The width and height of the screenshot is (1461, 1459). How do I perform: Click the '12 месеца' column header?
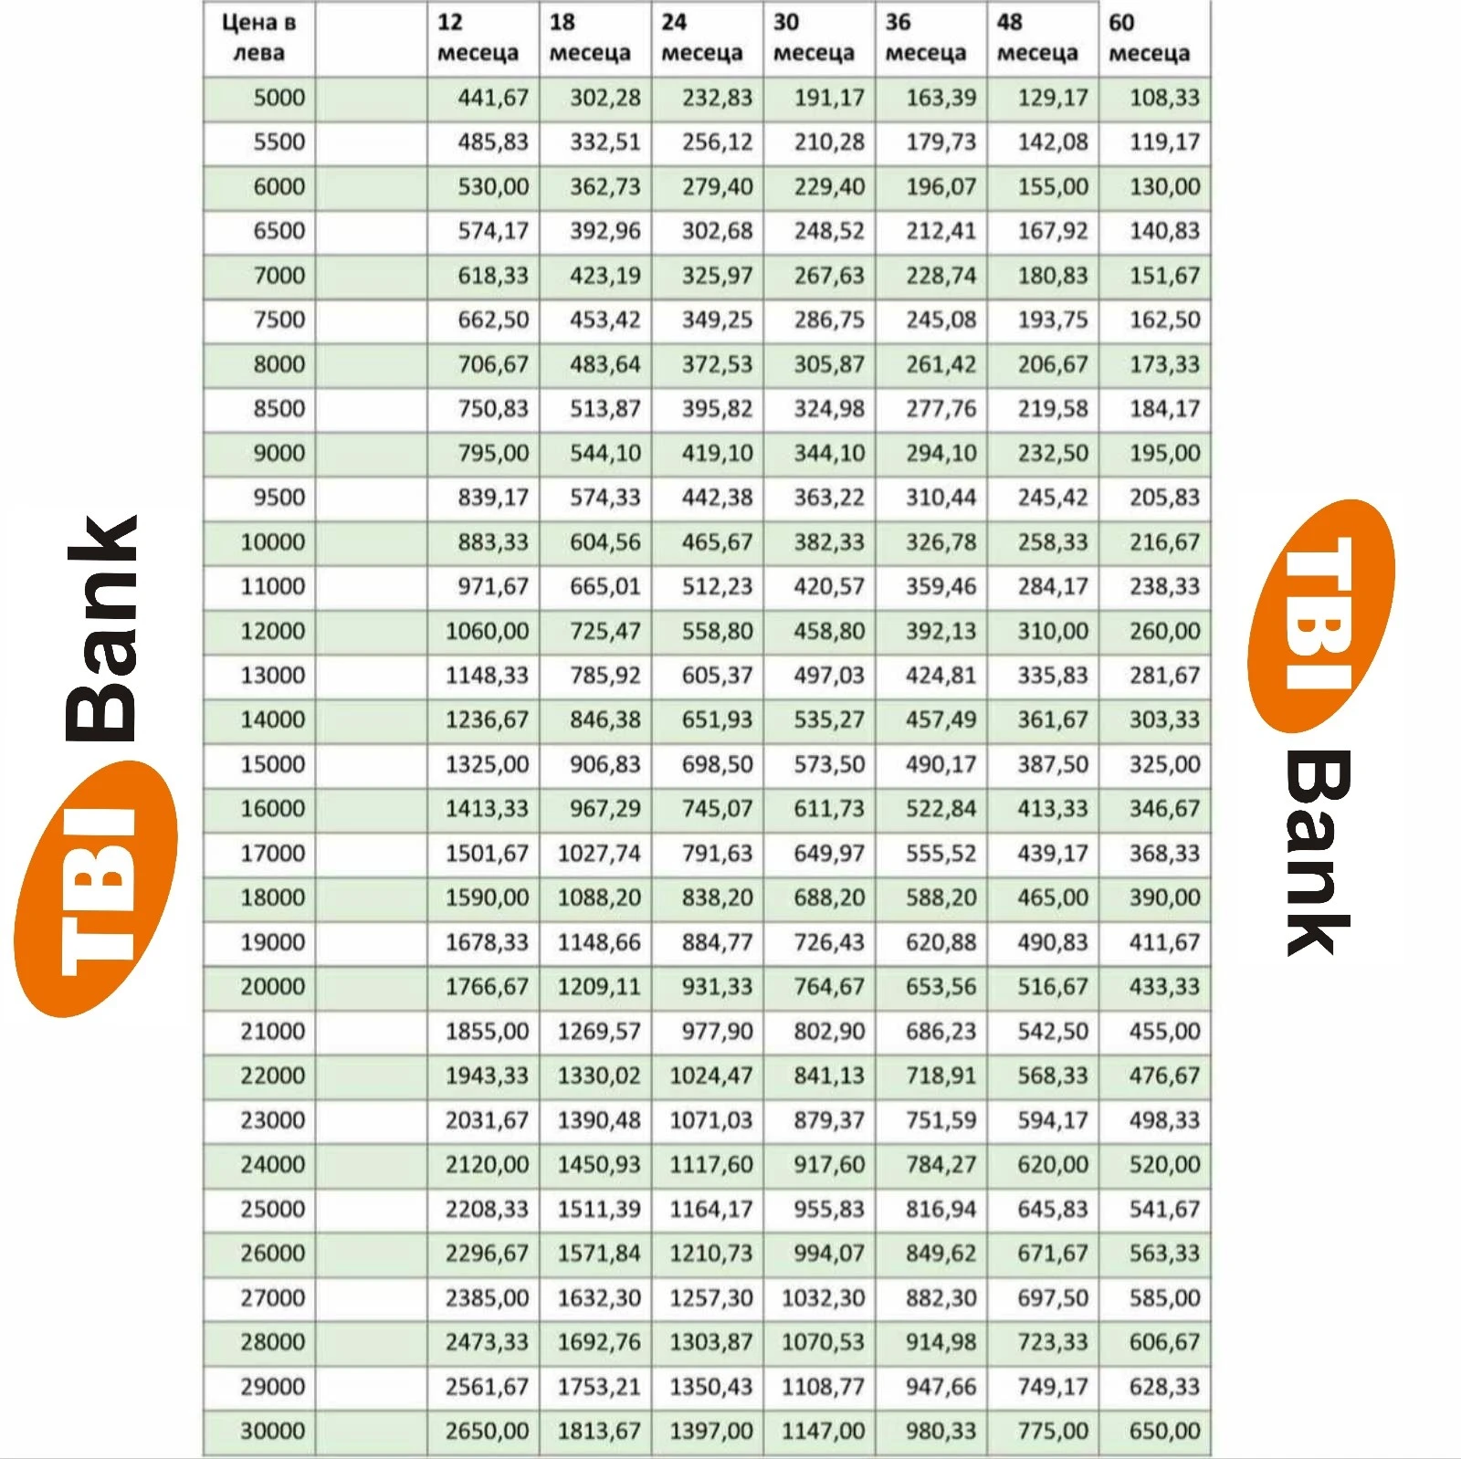(x=478, y=37)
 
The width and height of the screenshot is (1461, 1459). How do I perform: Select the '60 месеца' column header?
(x=1149, y=37)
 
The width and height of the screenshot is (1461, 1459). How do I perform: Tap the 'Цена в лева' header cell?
(x=258, y=37)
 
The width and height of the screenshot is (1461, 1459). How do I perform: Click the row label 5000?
(x=279, y=98)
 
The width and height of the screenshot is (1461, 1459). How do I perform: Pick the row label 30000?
(x=272, y=1431)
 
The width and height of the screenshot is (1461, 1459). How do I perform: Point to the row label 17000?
(x=272, y=853)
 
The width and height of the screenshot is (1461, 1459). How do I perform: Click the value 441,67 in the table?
(x=493, y=98)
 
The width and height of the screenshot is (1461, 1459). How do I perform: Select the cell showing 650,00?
(x=1164, y=1431)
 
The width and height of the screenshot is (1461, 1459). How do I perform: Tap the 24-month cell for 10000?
(x=717, y=542)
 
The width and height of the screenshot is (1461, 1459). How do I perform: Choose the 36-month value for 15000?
(x=941, y=764)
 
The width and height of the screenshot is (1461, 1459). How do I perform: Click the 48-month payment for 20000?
(x=1053, y=986)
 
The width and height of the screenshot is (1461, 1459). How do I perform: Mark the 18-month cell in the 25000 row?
(x=599, y=1209)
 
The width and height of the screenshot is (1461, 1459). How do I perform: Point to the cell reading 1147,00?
(x=823, y=1431)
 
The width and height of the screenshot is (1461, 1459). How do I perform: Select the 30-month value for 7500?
(x=829, y=320)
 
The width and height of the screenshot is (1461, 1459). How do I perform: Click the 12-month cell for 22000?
(x=487, y=1076)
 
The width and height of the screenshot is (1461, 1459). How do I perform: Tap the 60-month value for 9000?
(x=1164, y=453)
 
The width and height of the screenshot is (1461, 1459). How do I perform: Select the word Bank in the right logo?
(x=1317, y=854)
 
